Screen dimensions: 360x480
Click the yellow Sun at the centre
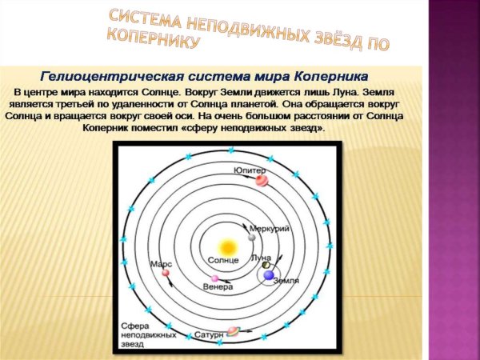228,246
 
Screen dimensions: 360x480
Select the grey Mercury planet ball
252,236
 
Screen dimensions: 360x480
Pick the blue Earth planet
269,274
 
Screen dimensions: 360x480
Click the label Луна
260,258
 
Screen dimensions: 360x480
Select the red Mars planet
166,273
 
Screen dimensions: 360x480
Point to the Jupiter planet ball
262,181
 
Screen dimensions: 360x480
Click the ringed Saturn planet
234,330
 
